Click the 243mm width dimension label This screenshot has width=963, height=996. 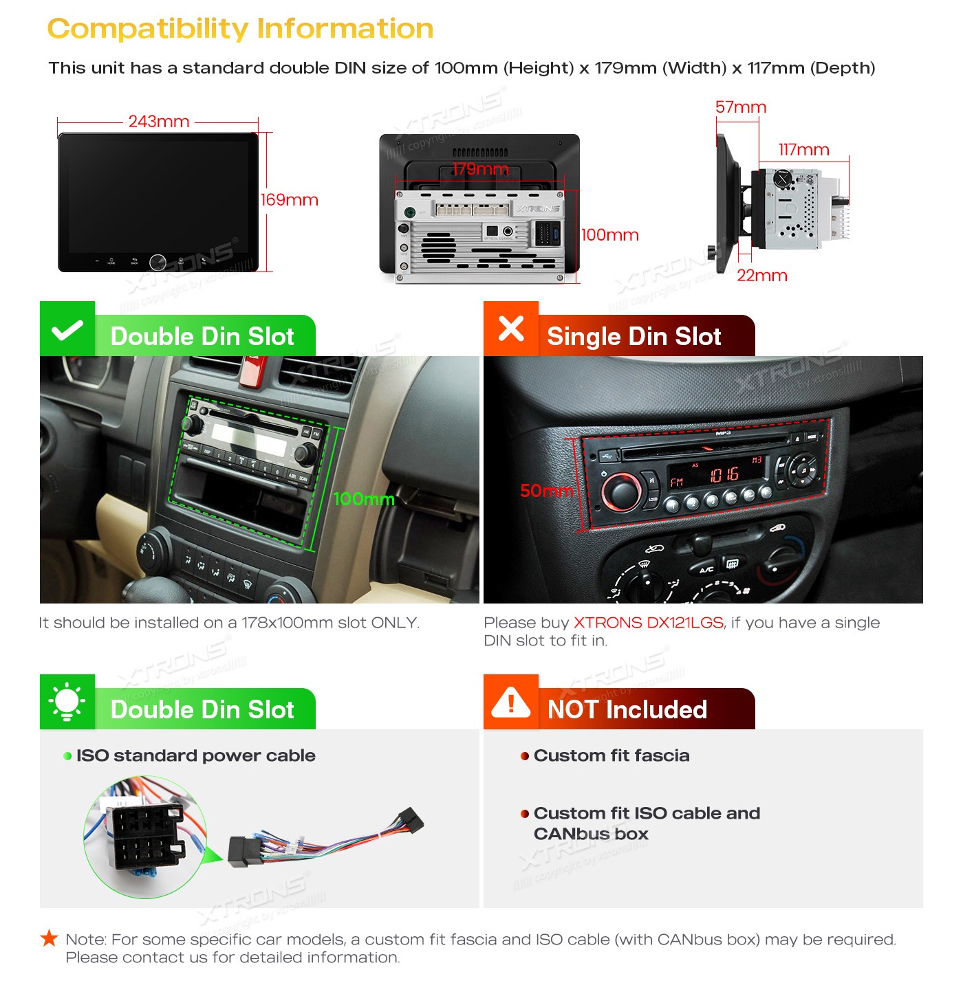[x=158, y=121]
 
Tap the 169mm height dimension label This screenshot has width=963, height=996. [x=289, y=199]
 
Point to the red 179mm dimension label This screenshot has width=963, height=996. [x=480, y=168]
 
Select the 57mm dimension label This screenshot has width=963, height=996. [x=740, y=107]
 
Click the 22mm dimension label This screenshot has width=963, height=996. [x=761, y=276]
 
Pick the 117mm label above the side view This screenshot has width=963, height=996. [x=803, y=149]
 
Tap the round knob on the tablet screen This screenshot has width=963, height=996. [x=158, y=262]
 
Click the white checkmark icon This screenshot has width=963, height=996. [x=67, y=330]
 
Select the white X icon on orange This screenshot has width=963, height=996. [x=510, y=328]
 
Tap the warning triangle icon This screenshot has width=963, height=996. [x=510, y=702]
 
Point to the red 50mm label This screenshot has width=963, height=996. [x=546, y=490]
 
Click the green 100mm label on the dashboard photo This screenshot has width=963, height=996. [x=363, y=498]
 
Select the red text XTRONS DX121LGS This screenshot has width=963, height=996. [x=648, y=622]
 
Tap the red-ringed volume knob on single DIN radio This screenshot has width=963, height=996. [x=622, y=491]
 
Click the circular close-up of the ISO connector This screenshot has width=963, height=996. [x=145, y=837]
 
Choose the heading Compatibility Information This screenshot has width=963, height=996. [x=240, y=29]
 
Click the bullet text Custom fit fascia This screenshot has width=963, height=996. [x=611, y=755]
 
